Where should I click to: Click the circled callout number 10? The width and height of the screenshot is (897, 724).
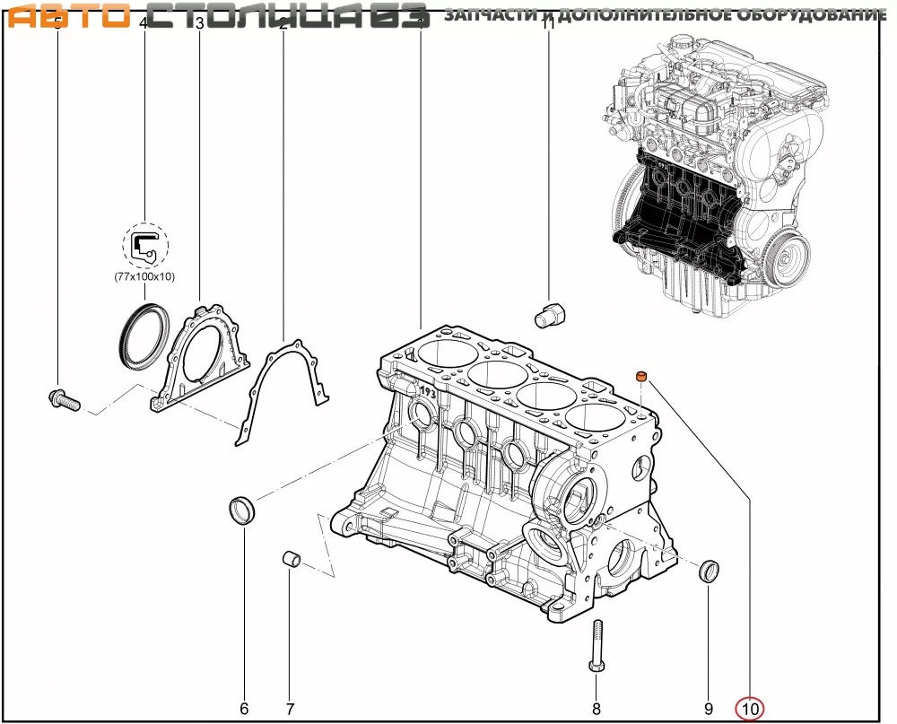coord(749,709)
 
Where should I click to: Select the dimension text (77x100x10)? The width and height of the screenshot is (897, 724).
coord(144,277)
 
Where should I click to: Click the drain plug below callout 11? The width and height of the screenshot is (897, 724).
coord(549,316)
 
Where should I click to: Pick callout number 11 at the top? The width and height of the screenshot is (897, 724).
coord(549,25)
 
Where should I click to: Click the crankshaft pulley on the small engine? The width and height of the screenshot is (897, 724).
coord(789,260)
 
